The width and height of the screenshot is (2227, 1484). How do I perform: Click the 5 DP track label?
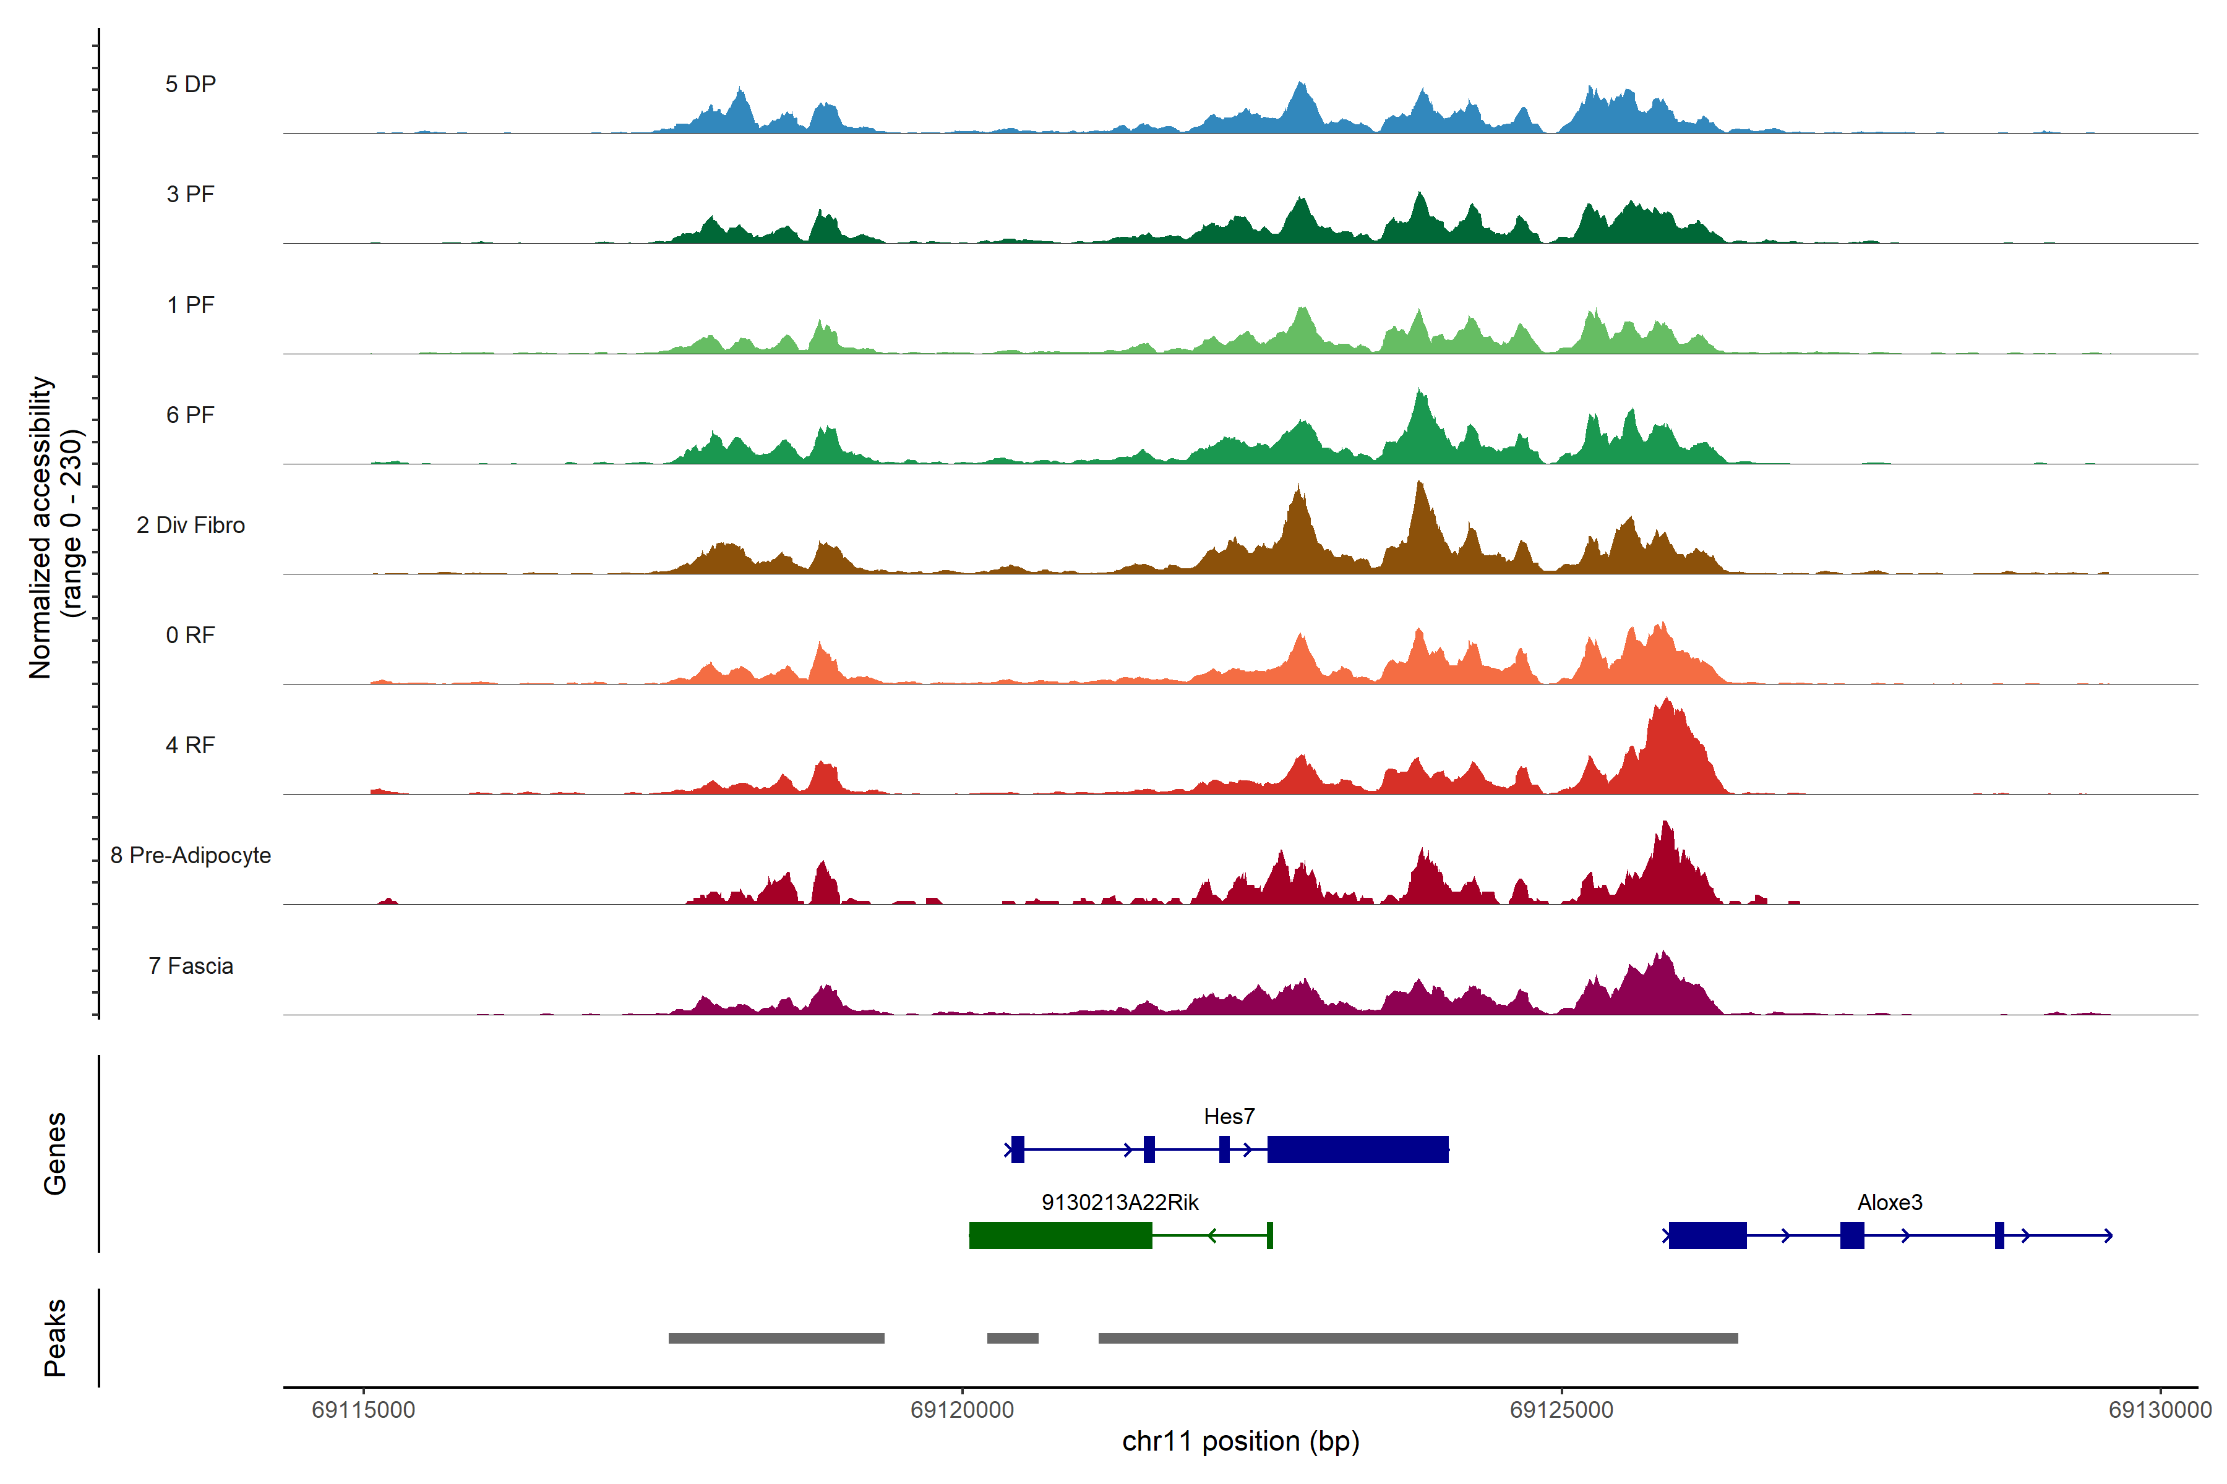[191, 84]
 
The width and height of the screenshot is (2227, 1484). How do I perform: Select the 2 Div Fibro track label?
[191, 525]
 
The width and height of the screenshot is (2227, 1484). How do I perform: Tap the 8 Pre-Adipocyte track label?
[191, 856]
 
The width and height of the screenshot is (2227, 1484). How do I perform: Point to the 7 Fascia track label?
[191, 966]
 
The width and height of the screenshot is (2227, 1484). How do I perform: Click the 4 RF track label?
[191, 746]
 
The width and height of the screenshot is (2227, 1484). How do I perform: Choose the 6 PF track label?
[191, 416]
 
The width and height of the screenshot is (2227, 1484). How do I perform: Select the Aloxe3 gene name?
[1889, 1203]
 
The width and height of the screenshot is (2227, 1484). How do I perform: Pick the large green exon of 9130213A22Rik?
[1060, 1235]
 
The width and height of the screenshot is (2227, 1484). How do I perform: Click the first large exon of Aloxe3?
[1707, 1235]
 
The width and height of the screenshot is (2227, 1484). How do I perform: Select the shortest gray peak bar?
[1012, 1338]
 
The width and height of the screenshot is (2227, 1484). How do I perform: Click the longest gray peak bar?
[1417, 1338]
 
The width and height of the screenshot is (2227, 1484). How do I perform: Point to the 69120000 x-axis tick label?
[962, 1410]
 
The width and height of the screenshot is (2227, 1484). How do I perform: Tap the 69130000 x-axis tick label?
[2160, 1410]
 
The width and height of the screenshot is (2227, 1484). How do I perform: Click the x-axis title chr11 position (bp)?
[1240, 1441]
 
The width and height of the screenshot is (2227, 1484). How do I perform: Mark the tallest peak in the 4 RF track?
[1667, 702]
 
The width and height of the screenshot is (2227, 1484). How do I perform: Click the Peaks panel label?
[55, 1337]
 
